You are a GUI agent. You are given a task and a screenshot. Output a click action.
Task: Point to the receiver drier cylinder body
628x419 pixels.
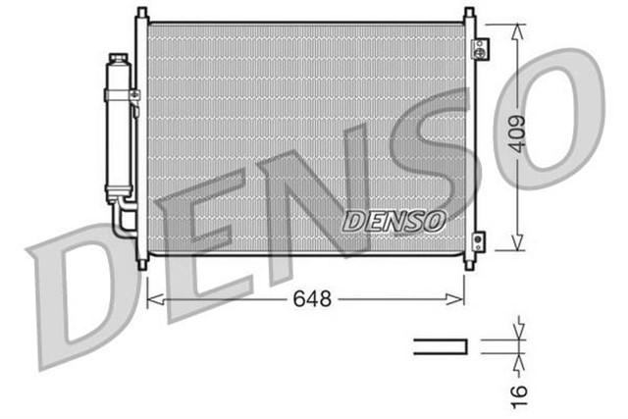[120, 137]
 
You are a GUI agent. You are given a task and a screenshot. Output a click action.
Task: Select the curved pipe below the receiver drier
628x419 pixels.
[123, 218]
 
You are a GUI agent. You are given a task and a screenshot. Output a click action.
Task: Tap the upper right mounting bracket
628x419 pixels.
[478, 49]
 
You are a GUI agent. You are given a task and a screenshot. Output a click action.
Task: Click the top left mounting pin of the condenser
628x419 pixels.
[142, 14]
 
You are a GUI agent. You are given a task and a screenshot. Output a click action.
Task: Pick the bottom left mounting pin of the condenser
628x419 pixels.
[142, 262]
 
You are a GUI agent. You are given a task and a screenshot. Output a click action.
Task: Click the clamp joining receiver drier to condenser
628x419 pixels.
[134, 94]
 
